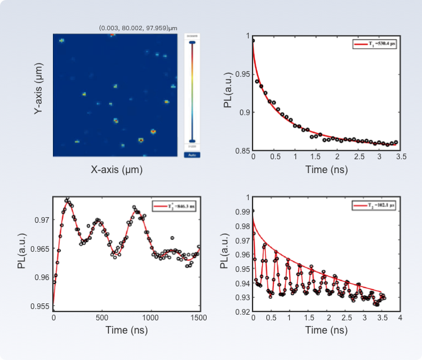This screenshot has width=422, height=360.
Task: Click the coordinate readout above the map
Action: tap(138, 28)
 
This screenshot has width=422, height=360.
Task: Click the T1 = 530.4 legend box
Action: tap(375, 44)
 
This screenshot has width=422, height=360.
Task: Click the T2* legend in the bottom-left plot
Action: tap(176, 206)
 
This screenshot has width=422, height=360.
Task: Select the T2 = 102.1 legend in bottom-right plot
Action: tap(375, 205)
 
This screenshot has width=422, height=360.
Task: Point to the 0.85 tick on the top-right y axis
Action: tap(241, 150)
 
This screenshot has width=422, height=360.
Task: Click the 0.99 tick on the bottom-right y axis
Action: tap(242, 211)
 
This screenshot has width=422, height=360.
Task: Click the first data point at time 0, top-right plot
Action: tap(253, 40)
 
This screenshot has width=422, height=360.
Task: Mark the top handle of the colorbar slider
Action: tap(192, 42)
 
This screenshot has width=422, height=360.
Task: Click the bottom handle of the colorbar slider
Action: tap(192, 141)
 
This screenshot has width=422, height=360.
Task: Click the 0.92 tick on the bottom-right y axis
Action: tap(242, 312)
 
